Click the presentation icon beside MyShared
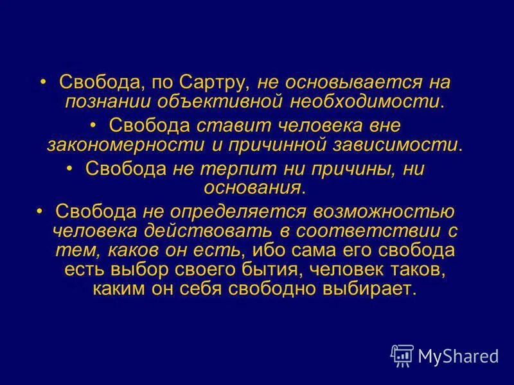tap(402, 355)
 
